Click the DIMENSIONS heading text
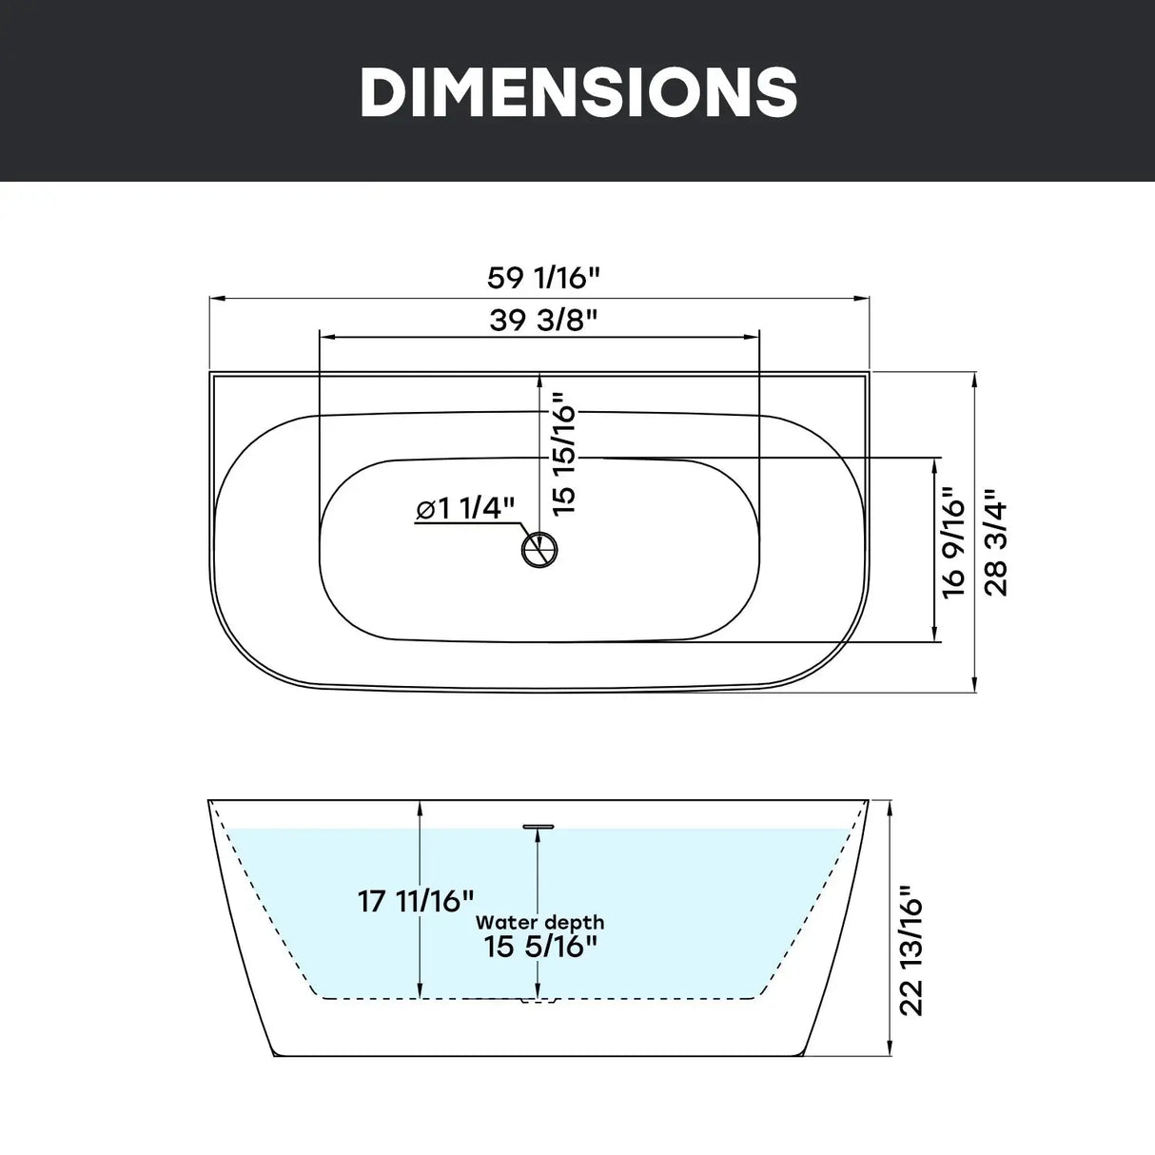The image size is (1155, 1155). click(x=578, y=90)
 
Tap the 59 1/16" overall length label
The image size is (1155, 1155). click(x=543, y=278)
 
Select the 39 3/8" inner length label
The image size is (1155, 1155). click(x=543, y=320)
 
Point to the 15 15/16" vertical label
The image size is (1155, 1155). click(x=564, y=454)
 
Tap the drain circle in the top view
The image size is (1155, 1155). click(x=539, y=549)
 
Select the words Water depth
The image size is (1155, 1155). click(x=540, y=923)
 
